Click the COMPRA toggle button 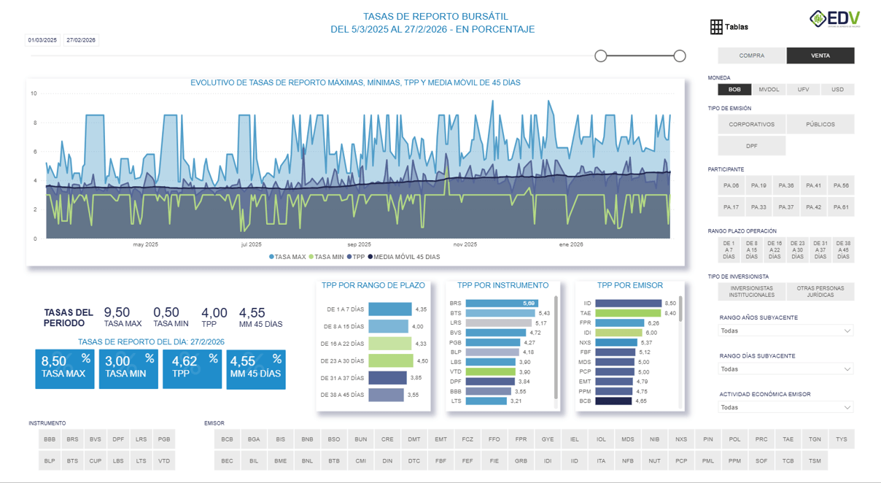click(x=752, y=55)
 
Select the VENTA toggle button click(x=820, y=55)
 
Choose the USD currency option click(x=837, y=90)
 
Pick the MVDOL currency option click(x=769, y=90)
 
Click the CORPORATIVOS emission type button click(x=751, y=124)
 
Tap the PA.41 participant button click(x=814, y=186)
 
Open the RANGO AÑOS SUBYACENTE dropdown click(x=786, y=331)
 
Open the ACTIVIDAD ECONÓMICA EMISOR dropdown click(x=786, y=408)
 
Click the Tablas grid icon click(x=716, y=27)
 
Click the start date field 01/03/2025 click(x=43, y=40)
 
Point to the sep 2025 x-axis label click(x=359, y=245)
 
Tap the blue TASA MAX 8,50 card click(x=64, y=368)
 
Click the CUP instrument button click(x=96, y=461)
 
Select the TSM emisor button click(x=815, y=461)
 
